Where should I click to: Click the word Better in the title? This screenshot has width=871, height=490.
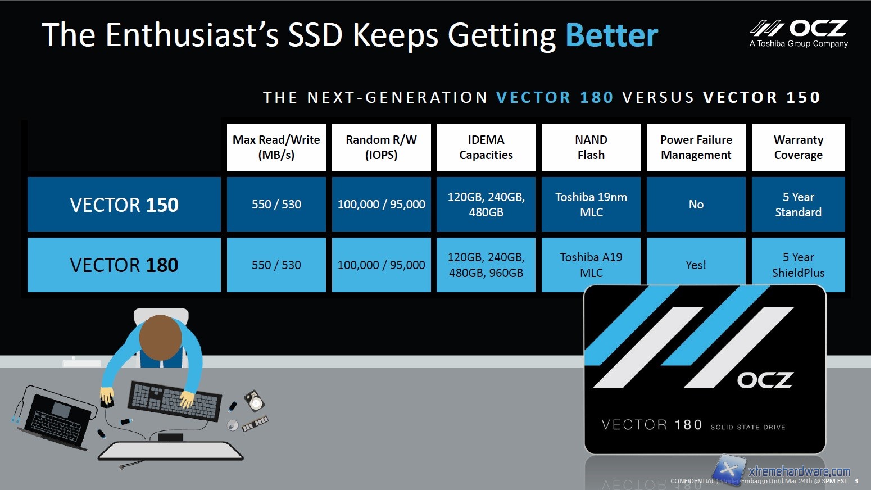(611, 35)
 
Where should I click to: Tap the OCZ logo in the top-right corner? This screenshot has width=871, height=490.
(799, 33)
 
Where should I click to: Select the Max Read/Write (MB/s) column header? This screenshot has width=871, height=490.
(276, 147)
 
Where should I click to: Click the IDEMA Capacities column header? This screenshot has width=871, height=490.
(486, 147)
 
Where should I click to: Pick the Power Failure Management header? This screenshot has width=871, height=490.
(696, 147)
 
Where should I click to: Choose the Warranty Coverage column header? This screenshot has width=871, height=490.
(798, 147)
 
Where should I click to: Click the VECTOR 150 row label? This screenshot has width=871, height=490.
(124, 205)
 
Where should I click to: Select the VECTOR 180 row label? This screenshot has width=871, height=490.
(124, 265)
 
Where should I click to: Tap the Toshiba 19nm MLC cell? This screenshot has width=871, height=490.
(591, 205)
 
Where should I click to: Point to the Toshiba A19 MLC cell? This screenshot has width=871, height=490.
(591, 265)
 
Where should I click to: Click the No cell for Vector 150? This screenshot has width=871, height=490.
(696, 205)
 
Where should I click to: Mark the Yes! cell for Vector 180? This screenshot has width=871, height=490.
(696, 265)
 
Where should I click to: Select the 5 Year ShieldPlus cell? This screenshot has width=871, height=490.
(798, 265)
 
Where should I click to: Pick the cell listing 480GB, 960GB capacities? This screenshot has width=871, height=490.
(486, 265)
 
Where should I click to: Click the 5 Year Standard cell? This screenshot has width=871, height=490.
(798, 205)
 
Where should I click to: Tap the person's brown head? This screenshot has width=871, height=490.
(160, 337)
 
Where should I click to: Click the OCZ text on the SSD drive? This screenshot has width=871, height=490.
(765, 380)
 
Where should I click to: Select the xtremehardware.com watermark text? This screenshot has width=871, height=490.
(799, 471)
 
